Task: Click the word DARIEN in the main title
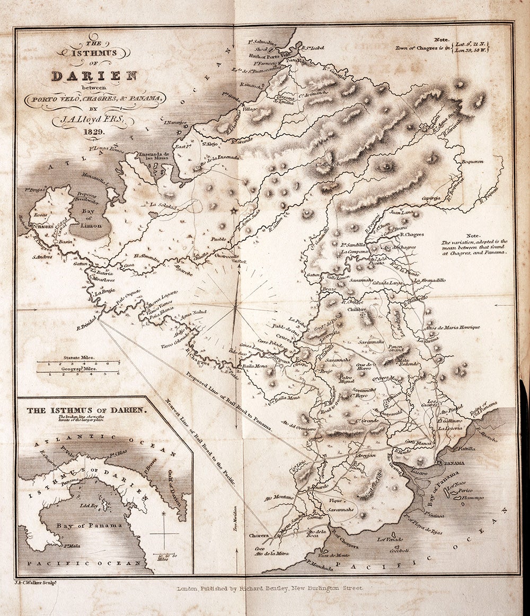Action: [x=94, y=75]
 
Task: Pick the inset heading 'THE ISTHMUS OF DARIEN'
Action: [x=80, y=410]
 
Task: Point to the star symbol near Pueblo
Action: [x=233, y=211]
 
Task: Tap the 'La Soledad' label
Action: [x=162, y=205]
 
